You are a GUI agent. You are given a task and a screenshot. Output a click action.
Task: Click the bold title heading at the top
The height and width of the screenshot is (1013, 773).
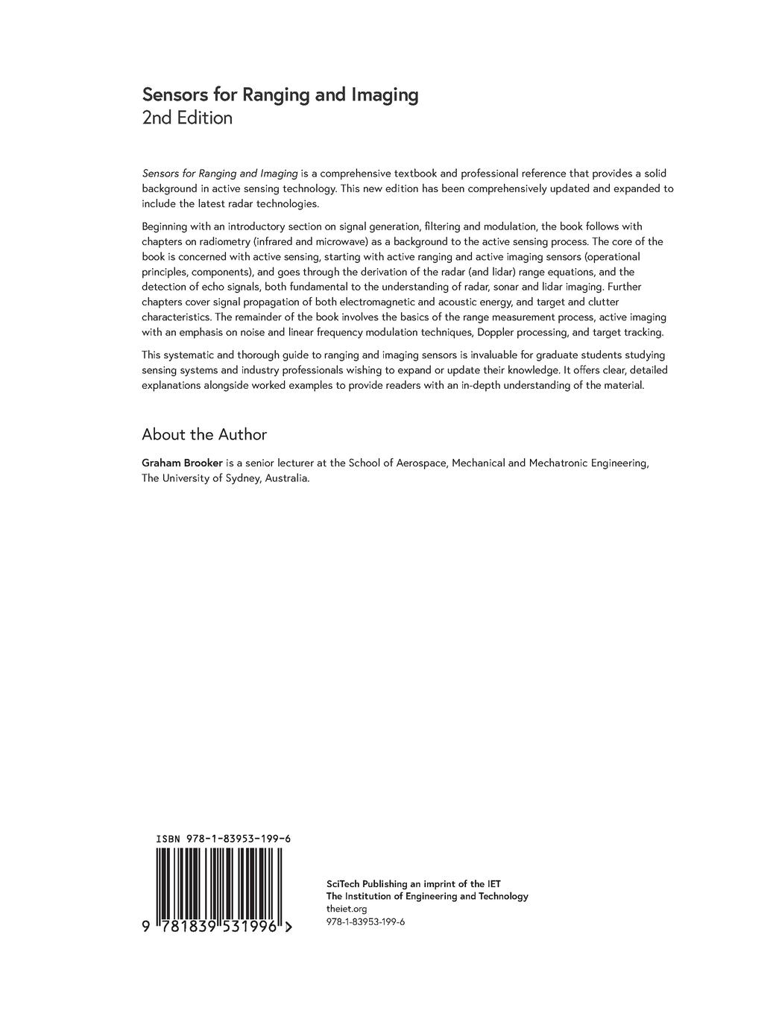(280, 95)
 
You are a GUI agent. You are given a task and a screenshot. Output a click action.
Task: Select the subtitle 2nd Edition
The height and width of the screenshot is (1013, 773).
(187, 118)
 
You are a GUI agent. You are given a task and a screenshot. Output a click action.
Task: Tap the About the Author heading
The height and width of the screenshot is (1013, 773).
(203, 434)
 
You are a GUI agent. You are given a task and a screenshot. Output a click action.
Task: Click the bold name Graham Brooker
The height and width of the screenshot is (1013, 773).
(182, 463)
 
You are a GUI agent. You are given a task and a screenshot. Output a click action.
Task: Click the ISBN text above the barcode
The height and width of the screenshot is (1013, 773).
(223, 839)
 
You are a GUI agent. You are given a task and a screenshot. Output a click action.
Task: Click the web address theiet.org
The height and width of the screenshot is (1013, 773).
(347, 909)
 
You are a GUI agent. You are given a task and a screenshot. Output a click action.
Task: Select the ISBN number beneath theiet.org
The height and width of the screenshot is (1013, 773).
(365, 921)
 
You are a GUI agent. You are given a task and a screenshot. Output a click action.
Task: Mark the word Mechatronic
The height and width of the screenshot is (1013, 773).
(558, 463)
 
